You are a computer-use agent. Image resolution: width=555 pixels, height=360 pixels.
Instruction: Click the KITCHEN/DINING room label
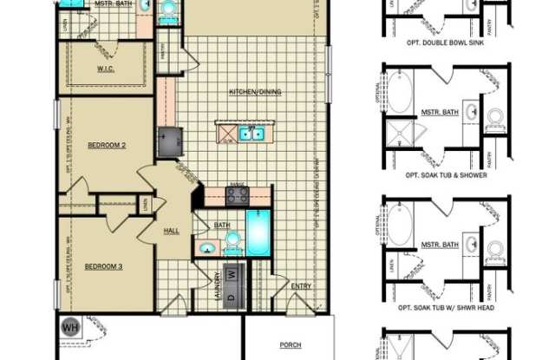tap(255, 92)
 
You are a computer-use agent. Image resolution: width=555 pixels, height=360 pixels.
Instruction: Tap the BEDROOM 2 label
tap(108, 145)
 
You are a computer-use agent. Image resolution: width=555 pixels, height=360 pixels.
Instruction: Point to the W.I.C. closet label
tap(108, 69)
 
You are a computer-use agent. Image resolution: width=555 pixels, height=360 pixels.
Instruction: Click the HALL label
tap(172, 231)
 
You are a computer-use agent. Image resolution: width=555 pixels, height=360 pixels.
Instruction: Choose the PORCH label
tap(290, 344)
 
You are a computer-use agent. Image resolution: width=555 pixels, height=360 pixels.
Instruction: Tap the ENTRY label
tap(301, 285)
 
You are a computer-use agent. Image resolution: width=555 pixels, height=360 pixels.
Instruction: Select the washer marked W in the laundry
tap(232, 274)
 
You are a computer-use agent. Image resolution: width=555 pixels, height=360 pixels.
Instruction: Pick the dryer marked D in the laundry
tap(232, 298)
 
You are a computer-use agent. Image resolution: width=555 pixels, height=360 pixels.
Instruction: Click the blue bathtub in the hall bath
tap(258, 233)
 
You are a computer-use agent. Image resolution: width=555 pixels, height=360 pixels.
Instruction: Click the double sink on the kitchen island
tap(251, 134)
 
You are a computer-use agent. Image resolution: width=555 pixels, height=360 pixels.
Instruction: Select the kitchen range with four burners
tap(238, 196)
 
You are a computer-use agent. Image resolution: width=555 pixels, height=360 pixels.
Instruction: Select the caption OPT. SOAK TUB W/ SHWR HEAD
tap(446, 308)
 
